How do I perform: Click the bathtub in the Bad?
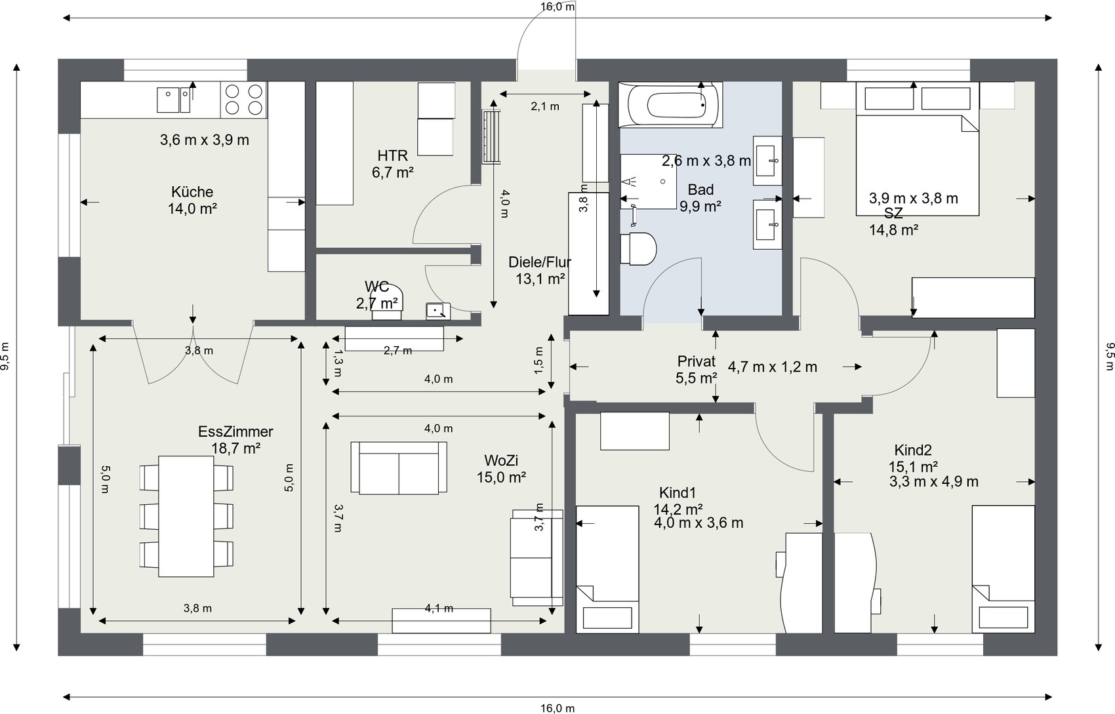point(670,105)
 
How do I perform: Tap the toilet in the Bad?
point(638,248)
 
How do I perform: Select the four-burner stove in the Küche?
point(243,100)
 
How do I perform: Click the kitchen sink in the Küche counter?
point(173,100)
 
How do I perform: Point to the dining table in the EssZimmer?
point(186,516)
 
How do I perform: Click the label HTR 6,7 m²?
point(393,164)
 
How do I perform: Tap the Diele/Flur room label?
point(540,262)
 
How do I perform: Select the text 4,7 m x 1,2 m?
point(773,367)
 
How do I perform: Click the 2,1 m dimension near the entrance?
point(545,106)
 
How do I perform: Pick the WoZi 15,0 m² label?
point(501,469)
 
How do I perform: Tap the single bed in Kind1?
point(607,569)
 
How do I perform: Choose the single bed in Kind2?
point(1003,569)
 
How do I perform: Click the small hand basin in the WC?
point(438,311)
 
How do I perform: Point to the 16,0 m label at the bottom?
point(557,708)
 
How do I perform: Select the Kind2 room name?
point(913,450)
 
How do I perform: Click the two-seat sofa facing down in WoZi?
point(399,467)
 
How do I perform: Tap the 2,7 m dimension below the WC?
point(397,351)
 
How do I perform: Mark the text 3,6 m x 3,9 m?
point(205,140)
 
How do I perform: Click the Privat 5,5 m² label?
point(697,370)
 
